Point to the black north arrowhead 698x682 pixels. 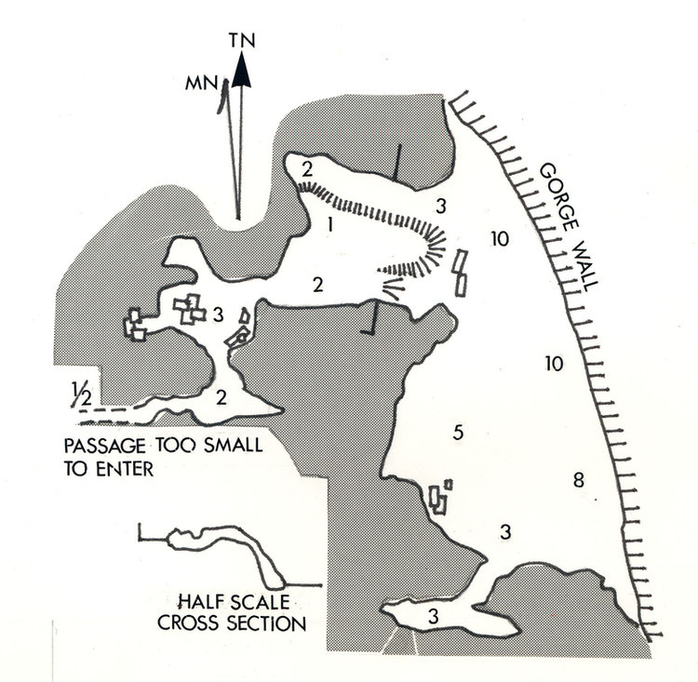(242, 71)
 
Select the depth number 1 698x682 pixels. (330, 224)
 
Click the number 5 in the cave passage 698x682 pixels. (456, 432)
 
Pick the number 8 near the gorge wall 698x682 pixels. (578, 480)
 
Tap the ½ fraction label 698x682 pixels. (80, 396)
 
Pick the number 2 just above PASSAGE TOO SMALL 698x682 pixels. (221, 397)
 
